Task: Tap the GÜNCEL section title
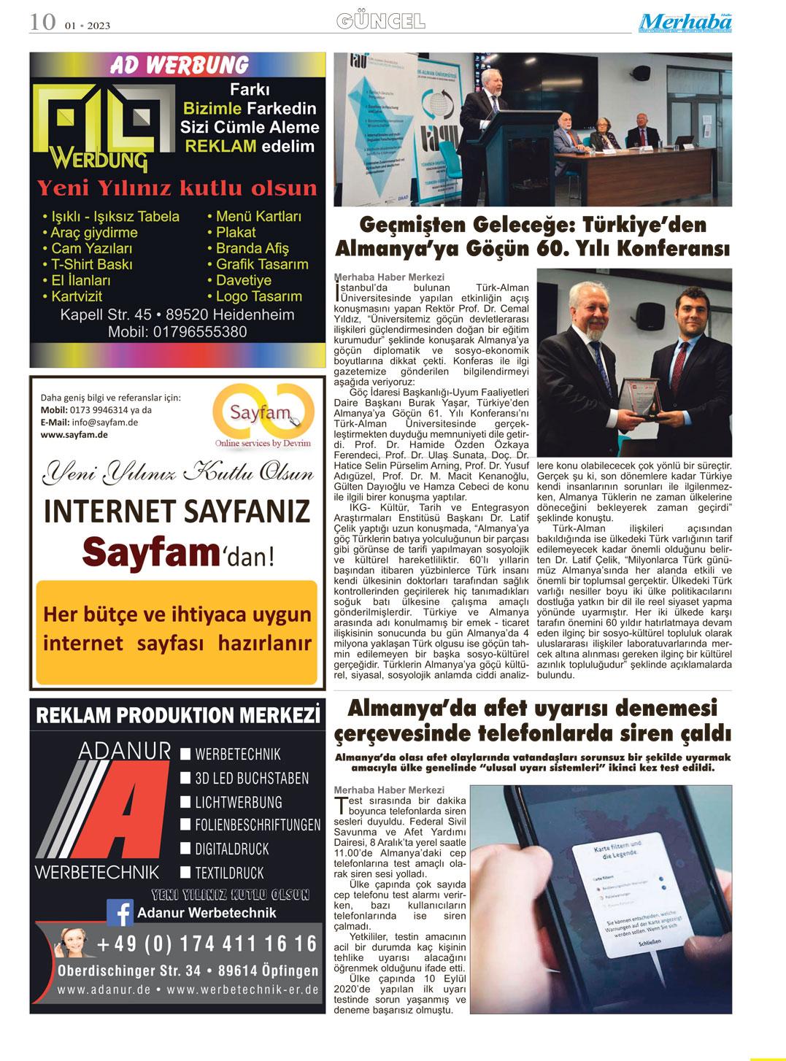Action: [x=381, y=22]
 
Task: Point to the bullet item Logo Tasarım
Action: [x=259, y=296]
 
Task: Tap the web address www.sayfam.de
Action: [x=74, y=434]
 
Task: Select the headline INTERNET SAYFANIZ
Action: [x=177, y=512]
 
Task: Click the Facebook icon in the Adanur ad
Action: [x=120, y=913]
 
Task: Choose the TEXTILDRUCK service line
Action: [x=229, y=873]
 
